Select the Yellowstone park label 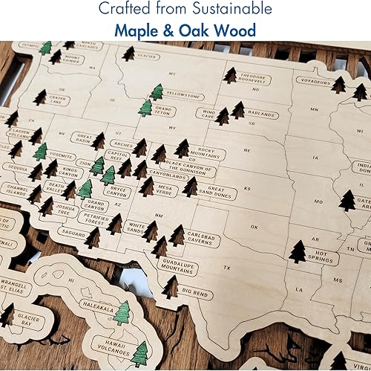(x=183, y=96)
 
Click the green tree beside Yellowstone (x=157, y=93)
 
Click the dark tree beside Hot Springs (x=298, y=252)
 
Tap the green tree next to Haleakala (x=122, y=313)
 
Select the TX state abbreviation (x=227, y=267)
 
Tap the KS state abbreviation (x=247, y=187)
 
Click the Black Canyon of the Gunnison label (x=188, y=168)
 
